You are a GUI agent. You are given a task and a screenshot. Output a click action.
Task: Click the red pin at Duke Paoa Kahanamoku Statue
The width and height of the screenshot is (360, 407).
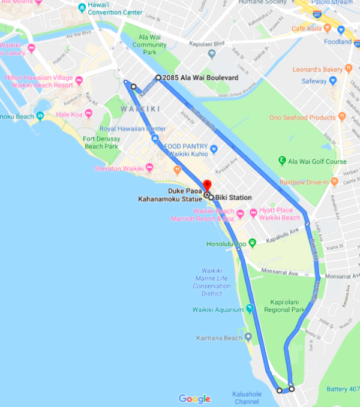[x=206, y=185]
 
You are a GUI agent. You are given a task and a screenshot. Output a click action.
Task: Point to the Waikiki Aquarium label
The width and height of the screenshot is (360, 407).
[x=218, y=310]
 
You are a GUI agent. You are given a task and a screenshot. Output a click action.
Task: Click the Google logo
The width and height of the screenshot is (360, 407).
[x=194, y=399]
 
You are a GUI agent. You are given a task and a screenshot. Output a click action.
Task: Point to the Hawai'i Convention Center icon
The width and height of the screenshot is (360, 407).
[x=82, y=8]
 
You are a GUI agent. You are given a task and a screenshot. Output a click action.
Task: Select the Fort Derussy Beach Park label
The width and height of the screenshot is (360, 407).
[x=101, y=142]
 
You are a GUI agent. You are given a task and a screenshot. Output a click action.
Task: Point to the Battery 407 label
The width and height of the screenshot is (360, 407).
[x=343, y=389]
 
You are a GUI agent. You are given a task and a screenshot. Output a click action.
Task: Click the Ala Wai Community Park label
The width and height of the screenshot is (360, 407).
[x=149, y=44]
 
